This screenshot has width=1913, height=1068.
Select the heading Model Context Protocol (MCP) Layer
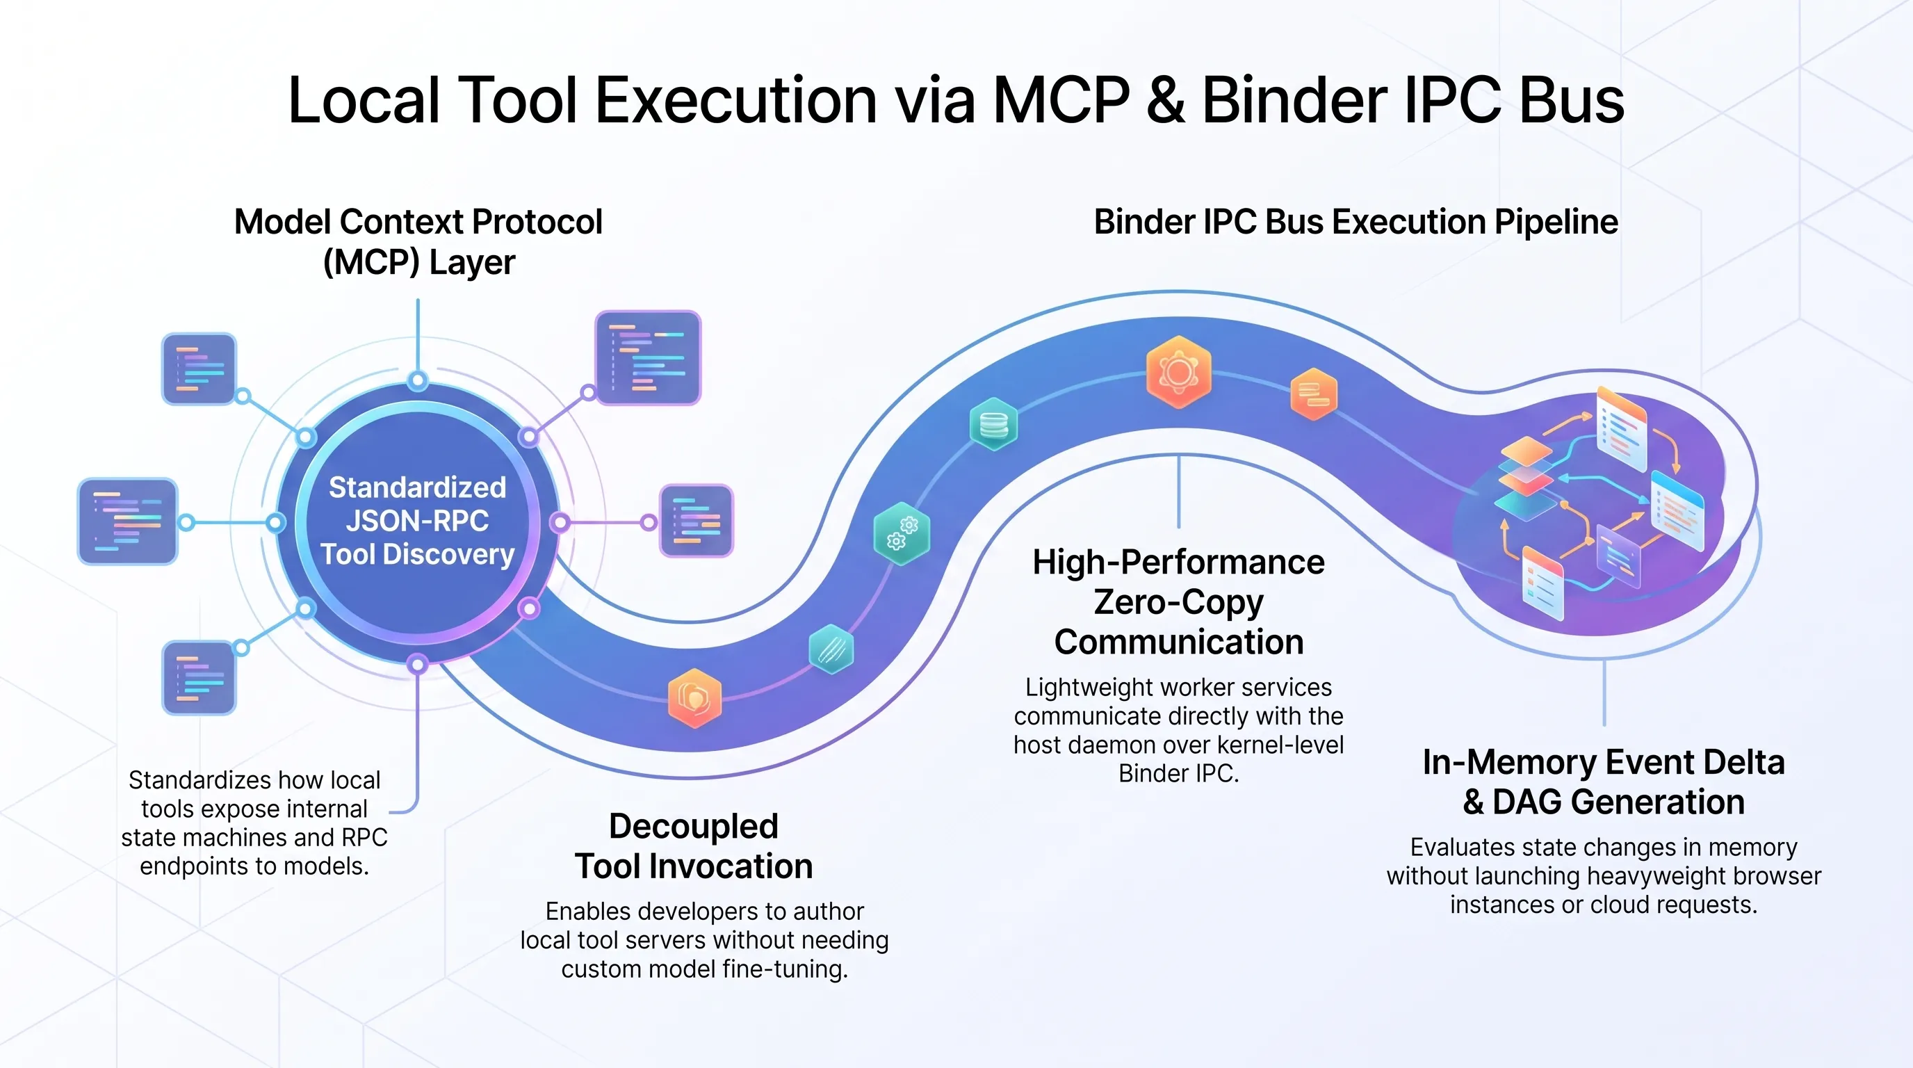pos(418,241)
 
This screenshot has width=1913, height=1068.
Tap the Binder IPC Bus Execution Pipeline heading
pos(1356,222)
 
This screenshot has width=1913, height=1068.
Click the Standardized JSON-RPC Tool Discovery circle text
pos(417,521)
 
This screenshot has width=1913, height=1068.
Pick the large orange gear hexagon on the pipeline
pos(1178,371)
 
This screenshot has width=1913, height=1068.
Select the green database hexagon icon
pos(993,424)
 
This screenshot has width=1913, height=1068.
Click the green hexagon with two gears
pos(902,533)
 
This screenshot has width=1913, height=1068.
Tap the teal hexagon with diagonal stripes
pos(831,649)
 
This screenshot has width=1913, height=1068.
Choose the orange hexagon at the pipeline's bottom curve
pos(694,698)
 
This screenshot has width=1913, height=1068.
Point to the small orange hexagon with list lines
pos(1314,394)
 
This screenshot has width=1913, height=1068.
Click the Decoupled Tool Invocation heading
pos(694,846)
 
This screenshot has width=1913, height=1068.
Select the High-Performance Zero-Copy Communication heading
pos(1178,601)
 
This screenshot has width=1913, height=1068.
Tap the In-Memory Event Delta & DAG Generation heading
pos(1604,782)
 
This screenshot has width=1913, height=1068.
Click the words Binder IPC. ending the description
pos(1178,774)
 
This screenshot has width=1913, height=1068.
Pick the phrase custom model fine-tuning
pos(704,969)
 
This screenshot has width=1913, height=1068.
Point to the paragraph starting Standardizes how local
pos(254,823)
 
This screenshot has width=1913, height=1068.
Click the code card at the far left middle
pos(128,521)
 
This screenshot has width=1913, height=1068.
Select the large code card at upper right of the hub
pos(648,357)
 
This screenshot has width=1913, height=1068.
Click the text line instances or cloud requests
pos(1604,905)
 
